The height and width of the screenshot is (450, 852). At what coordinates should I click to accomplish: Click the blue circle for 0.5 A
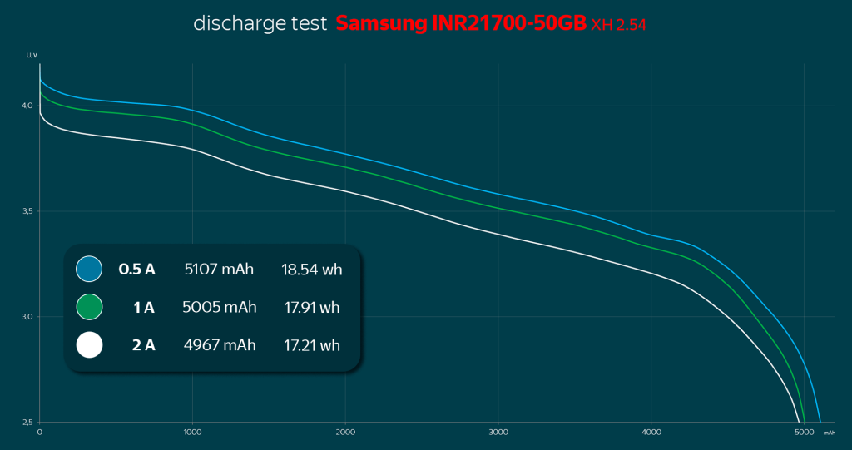click(88, 269)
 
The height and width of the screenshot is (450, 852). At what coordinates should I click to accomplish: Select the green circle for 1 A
click(88, 307)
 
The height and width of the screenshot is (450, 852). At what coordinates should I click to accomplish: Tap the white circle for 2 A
click(88, 344)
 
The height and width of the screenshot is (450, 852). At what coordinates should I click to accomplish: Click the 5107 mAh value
click(219, 269)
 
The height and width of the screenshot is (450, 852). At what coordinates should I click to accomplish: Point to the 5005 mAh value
click(219, 307)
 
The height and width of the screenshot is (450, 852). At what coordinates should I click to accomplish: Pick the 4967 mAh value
click(219, 344)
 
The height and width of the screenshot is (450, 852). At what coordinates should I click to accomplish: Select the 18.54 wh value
click(312, 269)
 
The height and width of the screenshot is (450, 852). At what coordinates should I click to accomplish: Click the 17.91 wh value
click(312, 307)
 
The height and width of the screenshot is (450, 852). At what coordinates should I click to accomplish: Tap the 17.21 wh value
click(312, 344)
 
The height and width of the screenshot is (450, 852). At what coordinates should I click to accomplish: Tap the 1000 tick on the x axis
click(192, 433)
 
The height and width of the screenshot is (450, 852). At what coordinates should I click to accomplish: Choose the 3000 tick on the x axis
click(498, 433)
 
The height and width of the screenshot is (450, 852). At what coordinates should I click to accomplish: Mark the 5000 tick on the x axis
click(804, 433)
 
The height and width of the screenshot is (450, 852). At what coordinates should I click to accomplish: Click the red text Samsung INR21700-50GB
click(461, 23)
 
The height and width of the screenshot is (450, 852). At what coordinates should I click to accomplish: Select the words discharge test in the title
click(260, 23)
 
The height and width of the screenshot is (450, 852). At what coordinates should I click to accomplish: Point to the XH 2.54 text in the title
click(619, 26)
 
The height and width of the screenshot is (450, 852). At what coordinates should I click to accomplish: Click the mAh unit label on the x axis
click(830, 433)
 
